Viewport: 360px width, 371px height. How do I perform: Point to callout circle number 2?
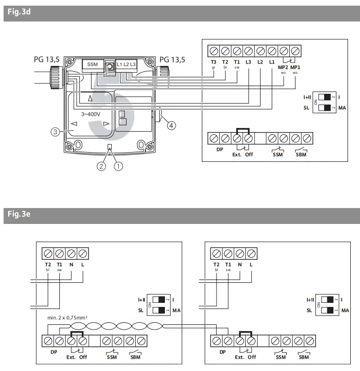pos(101,167)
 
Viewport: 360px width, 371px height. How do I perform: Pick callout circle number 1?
pos(118,167)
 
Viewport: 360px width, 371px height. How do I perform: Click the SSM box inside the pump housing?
pos(92,65)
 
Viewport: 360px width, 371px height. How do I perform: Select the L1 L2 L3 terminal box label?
pos(126,65)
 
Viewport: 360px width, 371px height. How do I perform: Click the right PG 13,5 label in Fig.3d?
pos(173,60)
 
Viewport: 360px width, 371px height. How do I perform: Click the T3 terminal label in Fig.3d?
pos(214,62)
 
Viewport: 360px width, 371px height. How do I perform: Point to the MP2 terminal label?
pos(282,67)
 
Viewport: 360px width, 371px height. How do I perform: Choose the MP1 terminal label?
pos(295,67)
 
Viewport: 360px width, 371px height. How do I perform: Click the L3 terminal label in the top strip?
pos(248,62)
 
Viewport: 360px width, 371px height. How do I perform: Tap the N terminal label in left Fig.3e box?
pos(72,265)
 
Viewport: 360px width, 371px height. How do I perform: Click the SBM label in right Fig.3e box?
pos(304,357)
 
